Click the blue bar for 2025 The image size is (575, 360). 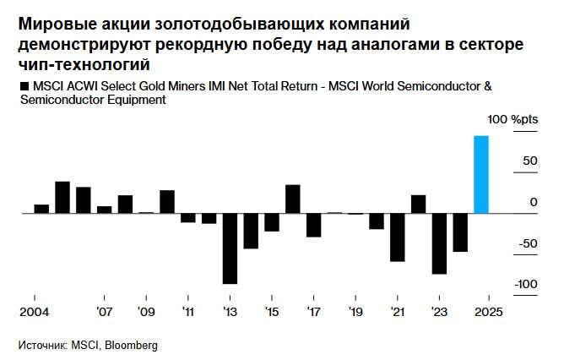[481, 174]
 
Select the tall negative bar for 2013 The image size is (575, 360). [230, 248]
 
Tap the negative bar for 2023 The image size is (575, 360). [439, 243]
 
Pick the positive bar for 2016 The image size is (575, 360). [293, 199]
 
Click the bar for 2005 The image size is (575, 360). [62, 197]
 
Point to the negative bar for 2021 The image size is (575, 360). [398, 237]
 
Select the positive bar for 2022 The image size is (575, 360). [419, 204]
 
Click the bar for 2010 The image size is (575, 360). [167, 201]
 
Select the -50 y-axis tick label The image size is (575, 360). [526, 243]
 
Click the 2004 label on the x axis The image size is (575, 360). [34, 312]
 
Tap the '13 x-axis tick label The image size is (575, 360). [230, 312]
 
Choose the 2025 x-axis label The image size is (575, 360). [489, 312]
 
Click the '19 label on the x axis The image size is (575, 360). [355, 312]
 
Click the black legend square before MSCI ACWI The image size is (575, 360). [22, 87]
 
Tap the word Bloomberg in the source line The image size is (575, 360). [131, 346]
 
